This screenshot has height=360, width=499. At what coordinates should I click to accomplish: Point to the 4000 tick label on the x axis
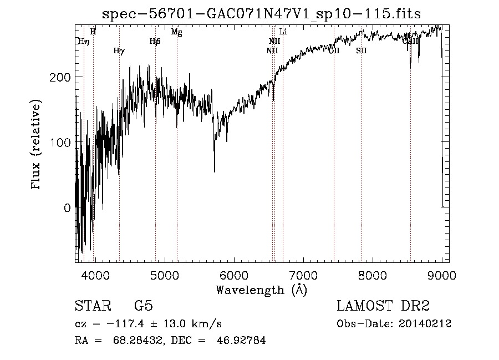(x=95, y=275)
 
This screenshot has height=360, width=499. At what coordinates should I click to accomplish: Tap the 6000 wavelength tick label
(x=233, y=275)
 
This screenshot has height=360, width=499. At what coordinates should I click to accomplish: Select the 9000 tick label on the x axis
(x=441, y=275)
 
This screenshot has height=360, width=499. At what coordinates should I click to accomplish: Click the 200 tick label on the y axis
(x=63, y=77)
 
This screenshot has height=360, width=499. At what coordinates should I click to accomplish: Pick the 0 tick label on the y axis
(x=68, y=208)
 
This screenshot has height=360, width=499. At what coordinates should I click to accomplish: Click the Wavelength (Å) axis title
(x=261, y=290)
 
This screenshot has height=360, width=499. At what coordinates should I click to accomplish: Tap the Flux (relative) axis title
(x=37, y=145)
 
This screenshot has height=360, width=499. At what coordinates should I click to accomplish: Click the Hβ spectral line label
(x=155, y=41)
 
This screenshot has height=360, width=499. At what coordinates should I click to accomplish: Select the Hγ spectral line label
(x=119, y=51)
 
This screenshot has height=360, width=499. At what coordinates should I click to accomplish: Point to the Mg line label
(x=176, y=32)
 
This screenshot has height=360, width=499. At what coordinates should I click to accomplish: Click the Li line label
(x=283, y=32)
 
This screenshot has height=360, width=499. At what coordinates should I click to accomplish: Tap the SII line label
(x=361, y=51)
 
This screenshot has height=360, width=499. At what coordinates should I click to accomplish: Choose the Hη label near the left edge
(x=83, y=41)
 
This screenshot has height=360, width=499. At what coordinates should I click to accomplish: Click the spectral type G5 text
(x=144, y=306)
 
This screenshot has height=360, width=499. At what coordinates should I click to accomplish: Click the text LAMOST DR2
(x=383, y=306)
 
